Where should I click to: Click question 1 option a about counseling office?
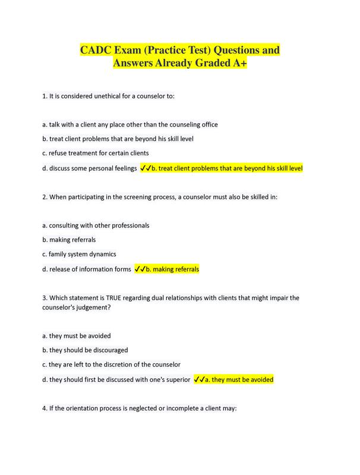pyautogui.click(x=130, y=125)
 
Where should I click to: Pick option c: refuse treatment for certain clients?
pyautogui.click(x=95, y=153)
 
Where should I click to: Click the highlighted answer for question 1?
pyautogui.click(x=227, y=168)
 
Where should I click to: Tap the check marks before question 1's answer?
pyautogui.click(x=146, y=168)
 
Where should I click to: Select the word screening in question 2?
pyautogui.click(x=119, y=197)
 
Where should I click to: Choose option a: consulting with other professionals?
pyautogui.click(x=96, y=226)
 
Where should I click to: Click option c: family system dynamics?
pyautogui.click(x=78, y=254)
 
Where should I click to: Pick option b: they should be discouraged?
pyautogui.click(x=85, y=350)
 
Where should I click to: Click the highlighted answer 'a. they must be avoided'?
pyautogui.click(x=238, y=379)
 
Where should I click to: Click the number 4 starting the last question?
pyautogui.click(x=45, y=407)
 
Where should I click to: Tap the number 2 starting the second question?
pyautogui.click(x=45, y=197)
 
